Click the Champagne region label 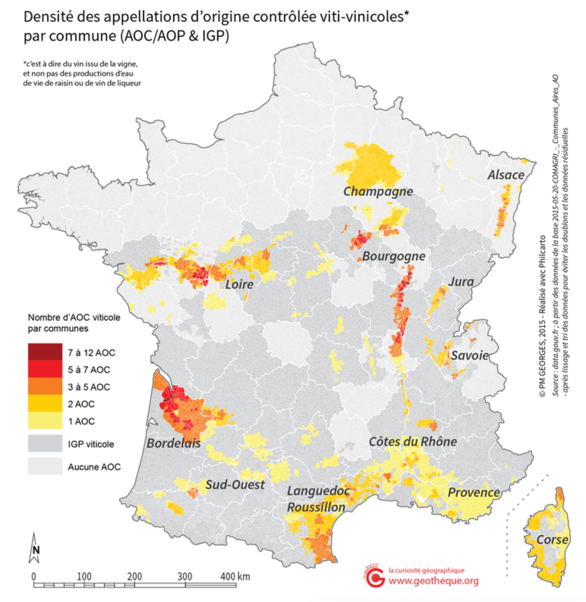pyautogui.click(x=378, y=191)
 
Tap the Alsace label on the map pyautogui.click(x=506, y=175)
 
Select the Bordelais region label pyautogui.click(x=173, y=443)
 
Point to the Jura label pyautogui.click(x=461, y=282)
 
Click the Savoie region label pyautogui.click(x=469, y=356)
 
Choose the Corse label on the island pyautogui.click(x=552, y=540)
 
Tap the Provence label pyautogui.click(x=474, y=493)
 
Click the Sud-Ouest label pyautogui.click(x=235, y=485)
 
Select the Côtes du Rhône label pyautogui.click(x=413, y=442)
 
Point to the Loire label pyautogui.click(x=239, y=284)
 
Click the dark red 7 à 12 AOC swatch pyautogui.click(x=45, y=352)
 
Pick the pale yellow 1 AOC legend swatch pyautogui.click(x=45, y=421)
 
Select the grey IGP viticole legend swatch pyautogui.click(x=45, y=443)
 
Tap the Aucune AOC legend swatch pyautogui.click(x=45, y=466)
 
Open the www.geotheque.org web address pyautogui.click(x=433, y=581)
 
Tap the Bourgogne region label pyautogui.click(x=394, y=256)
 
